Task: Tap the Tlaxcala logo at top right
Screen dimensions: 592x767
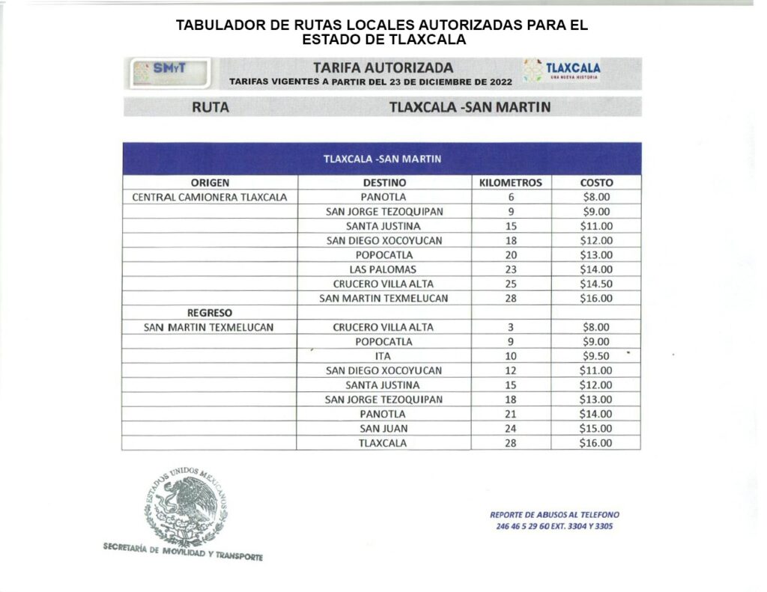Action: pyautogui.click(x=563, y=71)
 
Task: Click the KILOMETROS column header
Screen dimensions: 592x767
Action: pyautogui.click(x=510, y=183)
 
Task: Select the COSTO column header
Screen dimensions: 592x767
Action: pyautogui.click(x=596, y=183)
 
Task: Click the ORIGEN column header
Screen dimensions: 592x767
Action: pyautogui.click(x=210, y=183)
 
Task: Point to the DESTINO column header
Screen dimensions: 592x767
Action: pyautogui.click(x=384, y=183)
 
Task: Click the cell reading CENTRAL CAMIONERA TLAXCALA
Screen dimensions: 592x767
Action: pyautogui.click(x=210, y=198)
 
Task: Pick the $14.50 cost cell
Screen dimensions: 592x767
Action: pyautogui.click(x=596, y=284)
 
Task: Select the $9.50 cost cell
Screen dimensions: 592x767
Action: pyautogui.click(x=596, y=356)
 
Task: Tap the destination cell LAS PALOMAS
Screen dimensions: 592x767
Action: pyautogui.click(x=383, y=269)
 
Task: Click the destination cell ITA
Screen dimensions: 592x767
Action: pyautogui.click(x=383, y=356)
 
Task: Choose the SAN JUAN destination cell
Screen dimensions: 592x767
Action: pyautogui.click(x=383, y=429)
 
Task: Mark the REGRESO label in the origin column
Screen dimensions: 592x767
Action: pyautogui.click(x=210, y=313)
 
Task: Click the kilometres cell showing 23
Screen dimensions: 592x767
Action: pyautogui.click(x=511, y=269)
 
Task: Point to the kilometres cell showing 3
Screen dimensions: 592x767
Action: pyautogui.click(x=511, y=327)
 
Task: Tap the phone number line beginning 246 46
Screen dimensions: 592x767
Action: pyautogui.click(x=554, y=526)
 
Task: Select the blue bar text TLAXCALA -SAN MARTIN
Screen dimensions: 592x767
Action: pyautogui.click(x=382, y=159)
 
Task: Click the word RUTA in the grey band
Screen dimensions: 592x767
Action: pyautogui.click(x=210, y=107)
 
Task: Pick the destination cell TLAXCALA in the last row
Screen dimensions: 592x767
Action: pyautogui.click(x=383, y=443)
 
